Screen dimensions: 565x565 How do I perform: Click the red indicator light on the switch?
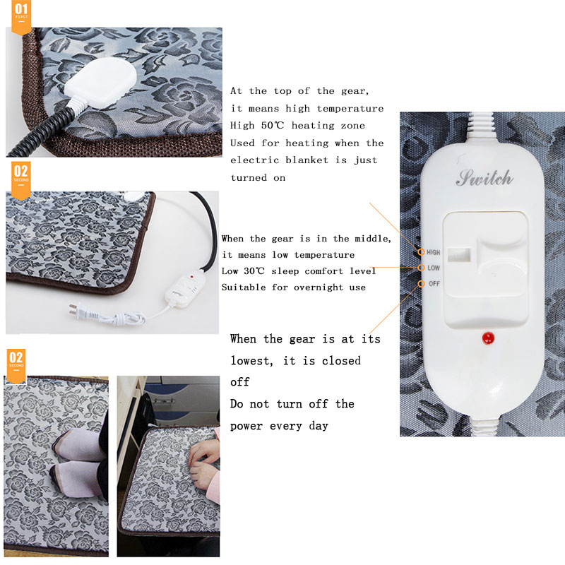pyautogui.click(x=487, y=338)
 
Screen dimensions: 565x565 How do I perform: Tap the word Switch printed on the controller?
pyautogui.click(x=484, y=178)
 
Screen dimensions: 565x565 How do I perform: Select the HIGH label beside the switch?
pyautogui.click(x=432, y=251)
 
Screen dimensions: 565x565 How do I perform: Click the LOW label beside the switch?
pyautogui.click(x=433, y=268)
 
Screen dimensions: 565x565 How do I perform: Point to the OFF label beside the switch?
pyautogui.click(x=433, y=283)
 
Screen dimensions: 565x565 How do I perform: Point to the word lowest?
pyautogui.click(x=251, y=360)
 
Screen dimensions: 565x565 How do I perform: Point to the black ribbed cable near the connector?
pyautogui.click(x=56, y=120)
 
